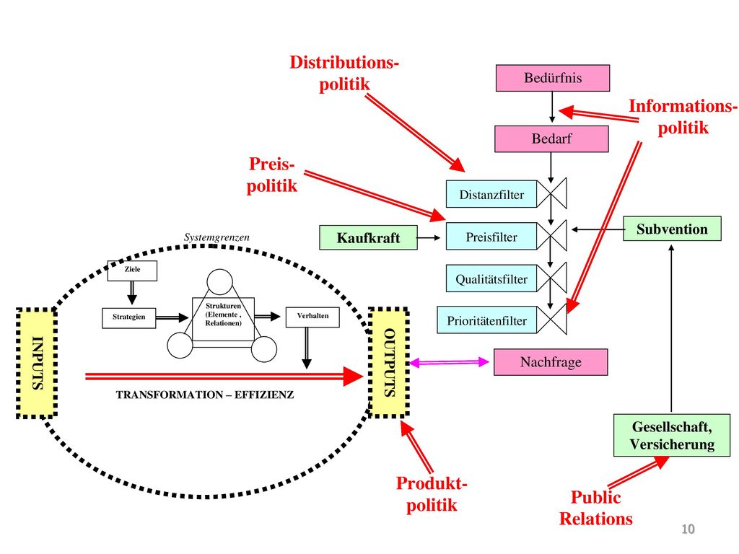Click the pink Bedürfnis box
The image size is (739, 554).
552,78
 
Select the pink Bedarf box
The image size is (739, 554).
551,138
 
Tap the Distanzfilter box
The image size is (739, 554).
491,194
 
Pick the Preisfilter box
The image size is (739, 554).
491,236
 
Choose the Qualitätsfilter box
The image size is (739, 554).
491,278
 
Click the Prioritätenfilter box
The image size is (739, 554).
487,320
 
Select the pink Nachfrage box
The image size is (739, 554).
551,362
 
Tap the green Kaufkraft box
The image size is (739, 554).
368,237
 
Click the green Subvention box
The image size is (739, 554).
672,229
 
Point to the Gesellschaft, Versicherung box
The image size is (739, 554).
672,435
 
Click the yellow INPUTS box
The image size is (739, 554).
37,363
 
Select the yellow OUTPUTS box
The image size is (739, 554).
389,362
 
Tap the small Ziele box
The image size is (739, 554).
132,271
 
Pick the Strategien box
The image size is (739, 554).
128,317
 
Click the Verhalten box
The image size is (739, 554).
312,317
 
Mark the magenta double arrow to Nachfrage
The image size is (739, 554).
449,362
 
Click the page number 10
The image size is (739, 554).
688,529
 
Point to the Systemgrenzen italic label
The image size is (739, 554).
217,237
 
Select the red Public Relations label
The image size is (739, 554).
595,508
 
